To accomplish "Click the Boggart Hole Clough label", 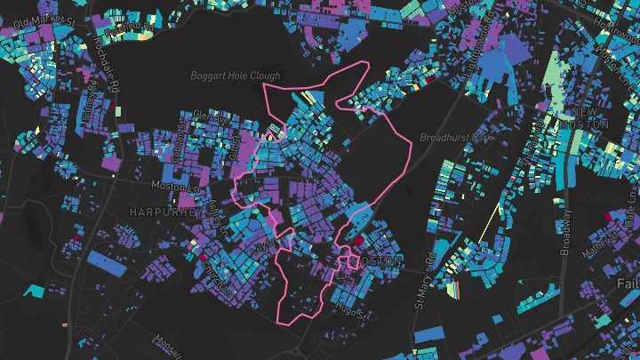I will point(236,76).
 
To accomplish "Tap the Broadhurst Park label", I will point(455,139).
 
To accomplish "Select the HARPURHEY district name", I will point(161,212).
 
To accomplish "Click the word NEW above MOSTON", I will point(585,110).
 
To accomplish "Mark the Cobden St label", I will point(180,142).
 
